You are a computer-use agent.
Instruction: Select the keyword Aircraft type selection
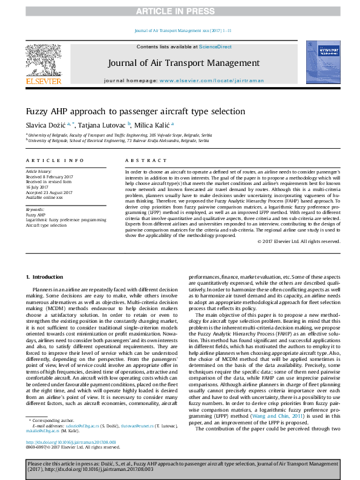46,224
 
